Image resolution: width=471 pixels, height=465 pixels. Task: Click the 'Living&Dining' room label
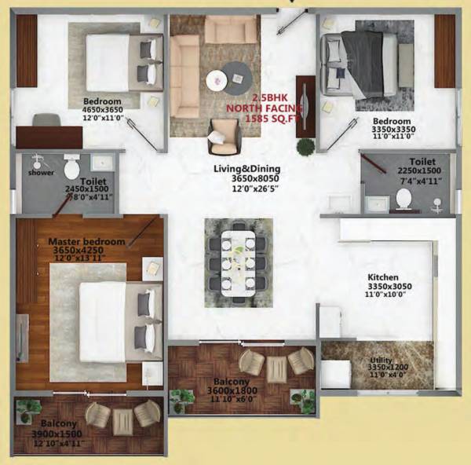(x=246, y=168)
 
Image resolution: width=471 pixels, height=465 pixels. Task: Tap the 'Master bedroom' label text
(x=86, y=241)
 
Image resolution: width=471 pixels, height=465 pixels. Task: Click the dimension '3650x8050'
(x=246, y=178)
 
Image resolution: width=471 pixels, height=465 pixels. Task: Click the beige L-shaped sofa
(x=186, y=67)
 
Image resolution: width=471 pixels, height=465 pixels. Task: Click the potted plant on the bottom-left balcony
(x=30, y=408)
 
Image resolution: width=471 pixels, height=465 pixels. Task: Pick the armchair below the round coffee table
(x=224, y=135)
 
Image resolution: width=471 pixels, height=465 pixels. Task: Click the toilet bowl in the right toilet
(x=404, y=197)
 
